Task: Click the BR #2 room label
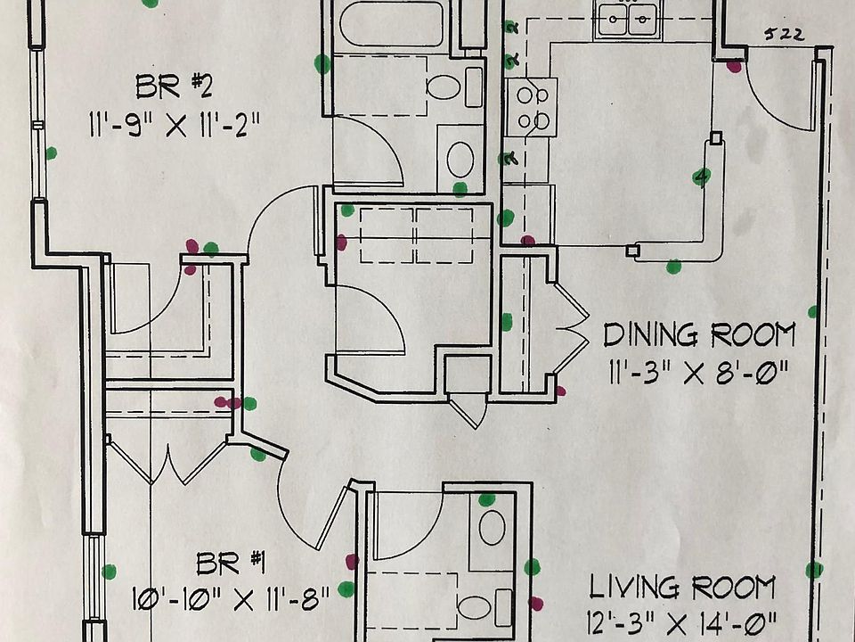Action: tap(173, 87)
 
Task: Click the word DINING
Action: tap(648, 336)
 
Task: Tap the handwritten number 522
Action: tap(784, 35)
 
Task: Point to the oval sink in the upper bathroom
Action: tap(460, 158)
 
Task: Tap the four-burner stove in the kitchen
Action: tap(532, 107)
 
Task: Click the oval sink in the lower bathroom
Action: tap(492, 528)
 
